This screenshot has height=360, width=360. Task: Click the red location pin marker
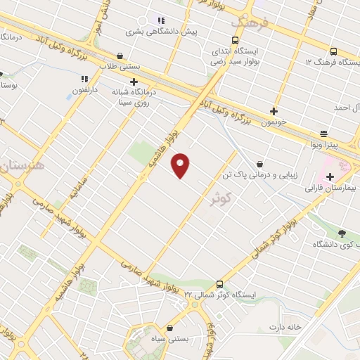click(181, 165)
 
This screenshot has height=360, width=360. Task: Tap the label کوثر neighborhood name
click(221, 200)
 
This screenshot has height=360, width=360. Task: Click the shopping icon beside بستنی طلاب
click(120, 56)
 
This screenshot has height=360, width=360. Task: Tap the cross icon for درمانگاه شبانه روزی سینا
click(134, 82)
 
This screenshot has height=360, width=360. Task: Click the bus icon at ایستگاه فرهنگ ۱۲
click(333, 51)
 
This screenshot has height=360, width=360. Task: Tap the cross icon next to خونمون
click(274, 111)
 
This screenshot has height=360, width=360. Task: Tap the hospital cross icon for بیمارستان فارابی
click(330, 176)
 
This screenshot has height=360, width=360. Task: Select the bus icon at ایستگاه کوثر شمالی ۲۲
click(220, 284)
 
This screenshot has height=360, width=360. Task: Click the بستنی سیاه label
click(172, 339)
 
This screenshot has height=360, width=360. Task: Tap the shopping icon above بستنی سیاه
click(171, 328)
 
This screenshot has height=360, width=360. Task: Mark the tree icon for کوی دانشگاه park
click(342, 233)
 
